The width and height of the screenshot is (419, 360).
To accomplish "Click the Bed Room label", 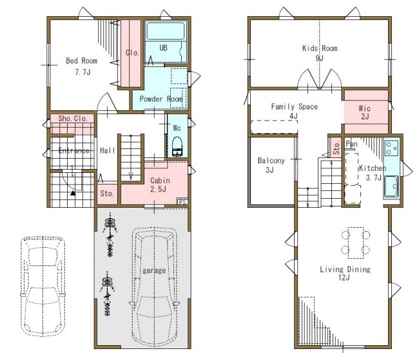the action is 81,61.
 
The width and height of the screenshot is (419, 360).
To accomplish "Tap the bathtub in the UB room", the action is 166,31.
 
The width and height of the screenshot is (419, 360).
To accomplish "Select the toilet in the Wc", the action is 177,146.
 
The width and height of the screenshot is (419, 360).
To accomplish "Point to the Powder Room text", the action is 161,99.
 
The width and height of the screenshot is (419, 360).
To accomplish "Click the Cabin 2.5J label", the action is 159,185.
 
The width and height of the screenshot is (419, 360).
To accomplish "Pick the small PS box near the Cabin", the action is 182,202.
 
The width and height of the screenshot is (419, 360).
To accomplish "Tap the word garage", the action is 154,271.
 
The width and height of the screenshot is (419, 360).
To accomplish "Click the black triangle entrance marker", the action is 73,193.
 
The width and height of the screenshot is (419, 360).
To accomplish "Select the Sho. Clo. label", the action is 73,119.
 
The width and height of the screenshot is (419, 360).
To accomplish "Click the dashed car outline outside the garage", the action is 43,286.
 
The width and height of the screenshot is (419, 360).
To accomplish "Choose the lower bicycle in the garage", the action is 108,294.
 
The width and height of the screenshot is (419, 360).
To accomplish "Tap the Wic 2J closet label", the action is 365,112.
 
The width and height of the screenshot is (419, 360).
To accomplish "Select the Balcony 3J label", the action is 271,165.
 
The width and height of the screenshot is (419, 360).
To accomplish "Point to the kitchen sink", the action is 391,186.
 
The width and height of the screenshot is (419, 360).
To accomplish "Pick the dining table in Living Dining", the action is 356,243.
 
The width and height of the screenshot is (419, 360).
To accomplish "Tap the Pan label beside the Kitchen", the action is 351,144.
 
